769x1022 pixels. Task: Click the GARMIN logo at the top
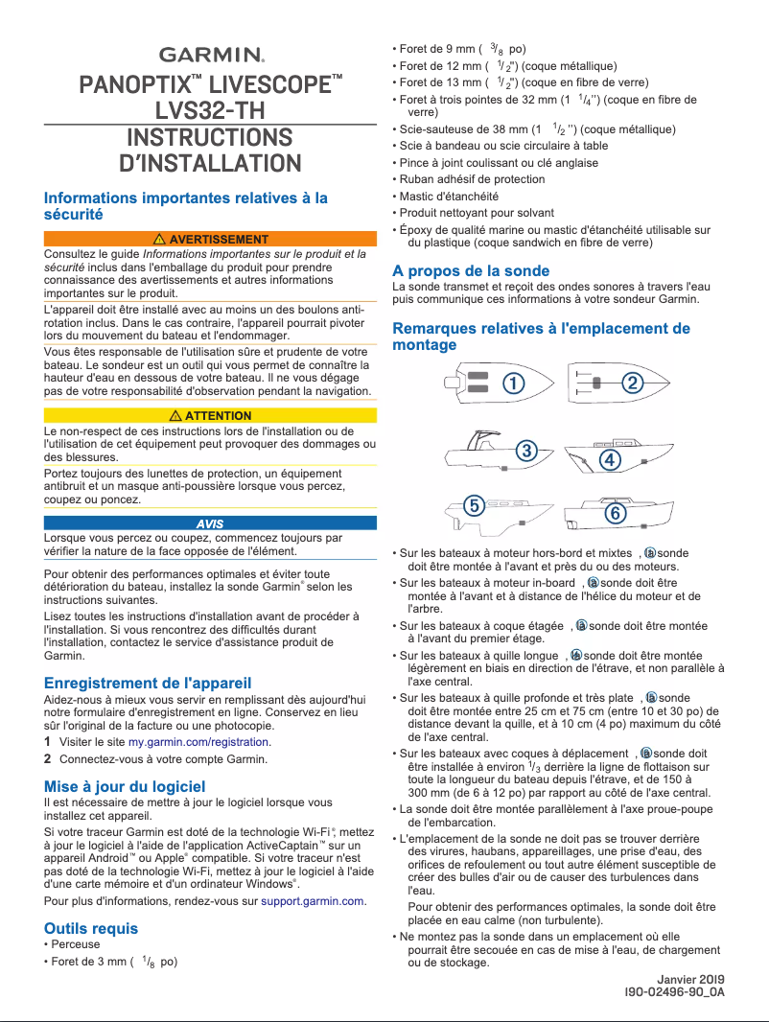210,55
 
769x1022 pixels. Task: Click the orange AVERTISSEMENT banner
210,239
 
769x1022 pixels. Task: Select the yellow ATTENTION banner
210,415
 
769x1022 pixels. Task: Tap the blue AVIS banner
210,523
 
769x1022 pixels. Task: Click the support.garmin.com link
313,901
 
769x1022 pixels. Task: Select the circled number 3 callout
525,450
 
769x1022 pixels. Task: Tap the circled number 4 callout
609,459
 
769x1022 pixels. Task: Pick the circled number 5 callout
473,504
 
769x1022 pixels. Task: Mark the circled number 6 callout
616,514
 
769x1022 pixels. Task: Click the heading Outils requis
91,927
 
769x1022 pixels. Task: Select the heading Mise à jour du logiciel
125,786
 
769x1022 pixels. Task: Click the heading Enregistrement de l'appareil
148,683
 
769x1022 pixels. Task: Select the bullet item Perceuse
76,944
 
